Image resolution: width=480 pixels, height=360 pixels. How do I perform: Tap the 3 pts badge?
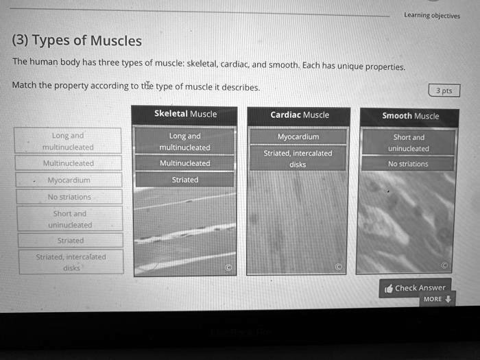(x=444, y=91)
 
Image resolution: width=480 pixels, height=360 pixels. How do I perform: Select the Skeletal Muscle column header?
(x=185, y=114)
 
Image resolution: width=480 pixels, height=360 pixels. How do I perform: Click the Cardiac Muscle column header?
(x=300, y=115)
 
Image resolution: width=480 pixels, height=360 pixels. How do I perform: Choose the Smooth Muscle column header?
(x=410, y=116)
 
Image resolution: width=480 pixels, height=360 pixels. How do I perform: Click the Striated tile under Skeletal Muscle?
(x=185, y=180)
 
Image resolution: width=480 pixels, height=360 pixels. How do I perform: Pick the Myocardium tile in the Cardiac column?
(x=298, y=136)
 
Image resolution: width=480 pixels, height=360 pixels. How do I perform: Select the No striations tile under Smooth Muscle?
(x=408, y=164)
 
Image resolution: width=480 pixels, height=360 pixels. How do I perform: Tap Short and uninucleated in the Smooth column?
(x=409, y=143)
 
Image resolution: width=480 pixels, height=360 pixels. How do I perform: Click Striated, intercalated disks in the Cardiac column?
(x=298, y=158)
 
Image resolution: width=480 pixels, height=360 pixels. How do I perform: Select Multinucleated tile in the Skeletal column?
(x=185, y=163)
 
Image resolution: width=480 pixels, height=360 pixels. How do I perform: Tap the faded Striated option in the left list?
(x=71, y=241)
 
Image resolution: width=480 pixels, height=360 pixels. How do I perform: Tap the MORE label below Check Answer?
(x=433, y=299)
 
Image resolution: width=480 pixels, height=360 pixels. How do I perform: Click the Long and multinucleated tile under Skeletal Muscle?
(x=185, y=142)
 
